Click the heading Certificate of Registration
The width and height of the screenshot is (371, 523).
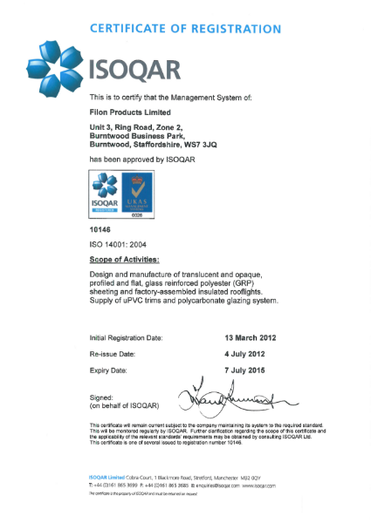tap(185, 29)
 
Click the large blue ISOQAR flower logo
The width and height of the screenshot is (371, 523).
tap(57, 67)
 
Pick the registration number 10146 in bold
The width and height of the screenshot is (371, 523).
tap(101, 228)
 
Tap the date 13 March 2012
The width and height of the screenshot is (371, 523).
tap(252, 336)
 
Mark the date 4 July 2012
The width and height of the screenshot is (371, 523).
tap(246, 354)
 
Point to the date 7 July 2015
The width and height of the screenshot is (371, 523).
tap(246, 370)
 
